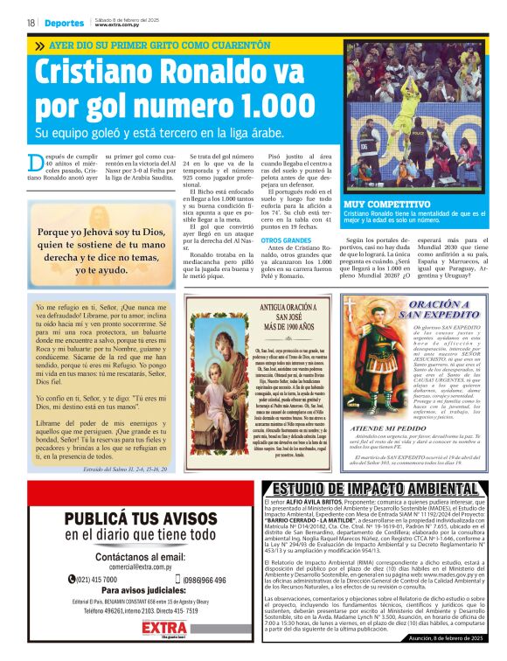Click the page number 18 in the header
click(30, 23)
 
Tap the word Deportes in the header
click(65, 23)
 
